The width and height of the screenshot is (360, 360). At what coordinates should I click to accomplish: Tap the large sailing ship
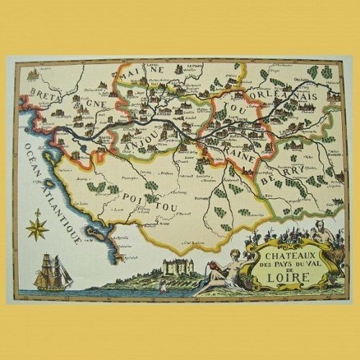click(55, 272)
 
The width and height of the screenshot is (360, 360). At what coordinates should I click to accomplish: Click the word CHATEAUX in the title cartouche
click(286, 253)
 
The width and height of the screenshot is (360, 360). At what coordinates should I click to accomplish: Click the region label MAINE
click(142, 73)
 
